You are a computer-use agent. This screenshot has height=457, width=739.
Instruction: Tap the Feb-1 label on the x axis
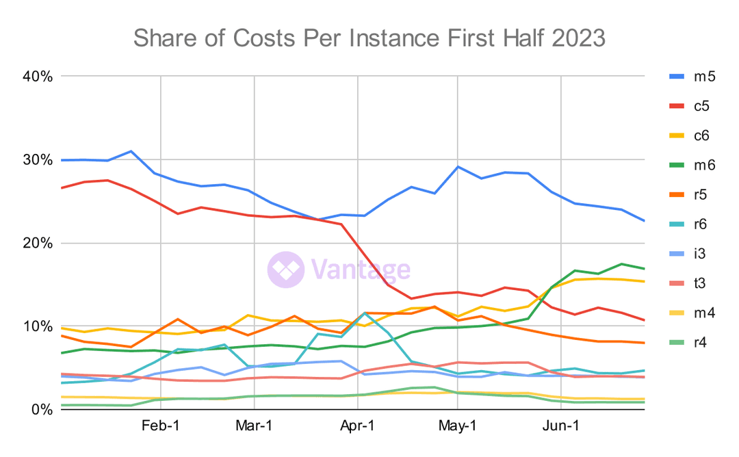point(160,426)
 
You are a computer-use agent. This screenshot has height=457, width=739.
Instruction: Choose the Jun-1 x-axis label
point(561,426)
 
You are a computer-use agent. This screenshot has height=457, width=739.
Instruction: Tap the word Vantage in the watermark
point(361,269)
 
